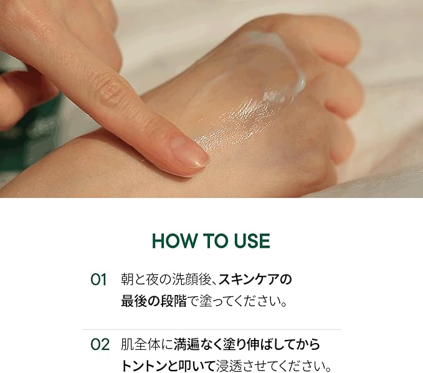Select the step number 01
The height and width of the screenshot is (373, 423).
tap(98, 279)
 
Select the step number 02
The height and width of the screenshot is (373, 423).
tap(100, 345)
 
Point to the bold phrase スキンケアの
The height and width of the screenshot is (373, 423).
tap(255, 279)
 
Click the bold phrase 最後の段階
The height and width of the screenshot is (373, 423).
tap(153, 301)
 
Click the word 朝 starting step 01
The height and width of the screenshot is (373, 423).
tap(127, 279)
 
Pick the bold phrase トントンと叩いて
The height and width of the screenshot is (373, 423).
tap(168, 366)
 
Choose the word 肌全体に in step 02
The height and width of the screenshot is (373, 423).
tap(147, 345)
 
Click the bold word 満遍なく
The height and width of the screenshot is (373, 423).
tap(199, 345)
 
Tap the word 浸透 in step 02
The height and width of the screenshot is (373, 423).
tap(229, 366)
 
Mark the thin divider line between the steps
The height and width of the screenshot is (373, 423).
tap(212, 329)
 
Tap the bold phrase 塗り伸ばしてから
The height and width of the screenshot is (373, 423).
tap(273, 345)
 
